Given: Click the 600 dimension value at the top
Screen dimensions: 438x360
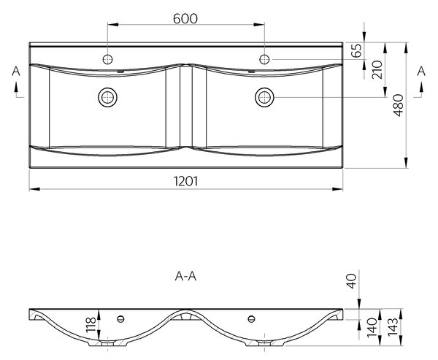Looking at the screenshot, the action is coord(185,19).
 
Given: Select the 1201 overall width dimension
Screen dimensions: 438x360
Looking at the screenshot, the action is coord(185,181).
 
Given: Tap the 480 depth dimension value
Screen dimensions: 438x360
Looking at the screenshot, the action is coord(399,105).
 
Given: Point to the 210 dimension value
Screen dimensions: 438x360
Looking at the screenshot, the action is coord(377,70).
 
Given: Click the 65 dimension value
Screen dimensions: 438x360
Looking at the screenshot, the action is coord(356,50).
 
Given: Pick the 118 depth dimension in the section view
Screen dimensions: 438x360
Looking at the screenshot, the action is coord(91,325).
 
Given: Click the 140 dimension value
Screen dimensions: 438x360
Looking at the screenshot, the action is coord(372,327).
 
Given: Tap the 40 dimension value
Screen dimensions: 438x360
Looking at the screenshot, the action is coord(352,281).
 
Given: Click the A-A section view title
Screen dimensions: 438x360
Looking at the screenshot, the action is coord(185,276).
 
